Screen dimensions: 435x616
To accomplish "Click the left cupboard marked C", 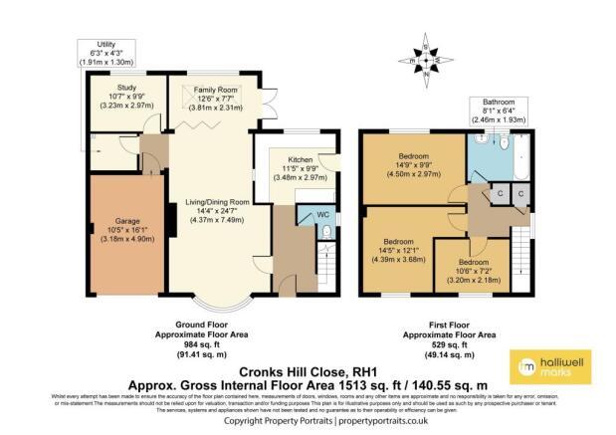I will pyautogui.click(x=501, y=194).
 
